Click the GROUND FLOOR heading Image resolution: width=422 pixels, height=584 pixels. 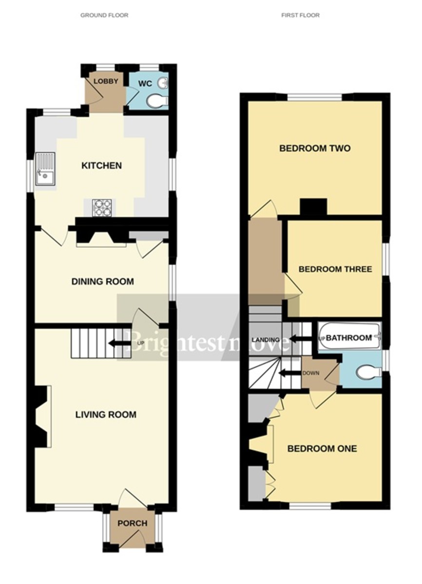pyautogui.click(x=104, y=16)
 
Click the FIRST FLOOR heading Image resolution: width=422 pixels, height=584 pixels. pyautogui.click(x=300, y=16)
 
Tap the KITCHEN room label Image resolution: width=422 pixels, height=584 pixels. pyautogui.click(x=101, y=166)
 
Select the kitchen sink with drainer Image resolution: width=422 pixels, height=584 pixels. pyautogui.click(x=45, y=170)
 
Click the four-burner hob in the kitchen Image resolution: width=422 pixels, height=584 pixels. pyautogui.click(x=102, y=208)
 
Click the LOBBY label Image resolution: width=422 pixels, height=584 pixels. pyautogui.click(x=106, y=81)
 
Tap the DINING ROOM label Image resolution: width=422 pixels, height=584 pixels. pyautogui.click(x=102, y=282)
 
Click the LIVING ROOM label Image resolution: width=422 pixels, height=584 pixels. pyautogui.click(x=106, y=415)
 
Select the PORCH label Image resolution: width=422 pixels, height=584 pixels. pyautogui.click(x=132, y=524)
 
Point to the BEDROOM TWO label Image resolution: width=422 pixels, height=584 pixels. pyautogui.click(x=315, y=148)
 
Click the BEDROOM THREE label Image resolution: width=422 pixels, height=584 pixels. pyautogui.click(x=335, y=269)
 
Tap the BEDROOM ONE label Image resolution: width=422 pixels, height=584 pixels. pyautogui.click(x=322, y=449)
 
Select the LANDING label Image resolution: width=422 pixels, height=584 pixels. pyautogui.click(x=266, y=340)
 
